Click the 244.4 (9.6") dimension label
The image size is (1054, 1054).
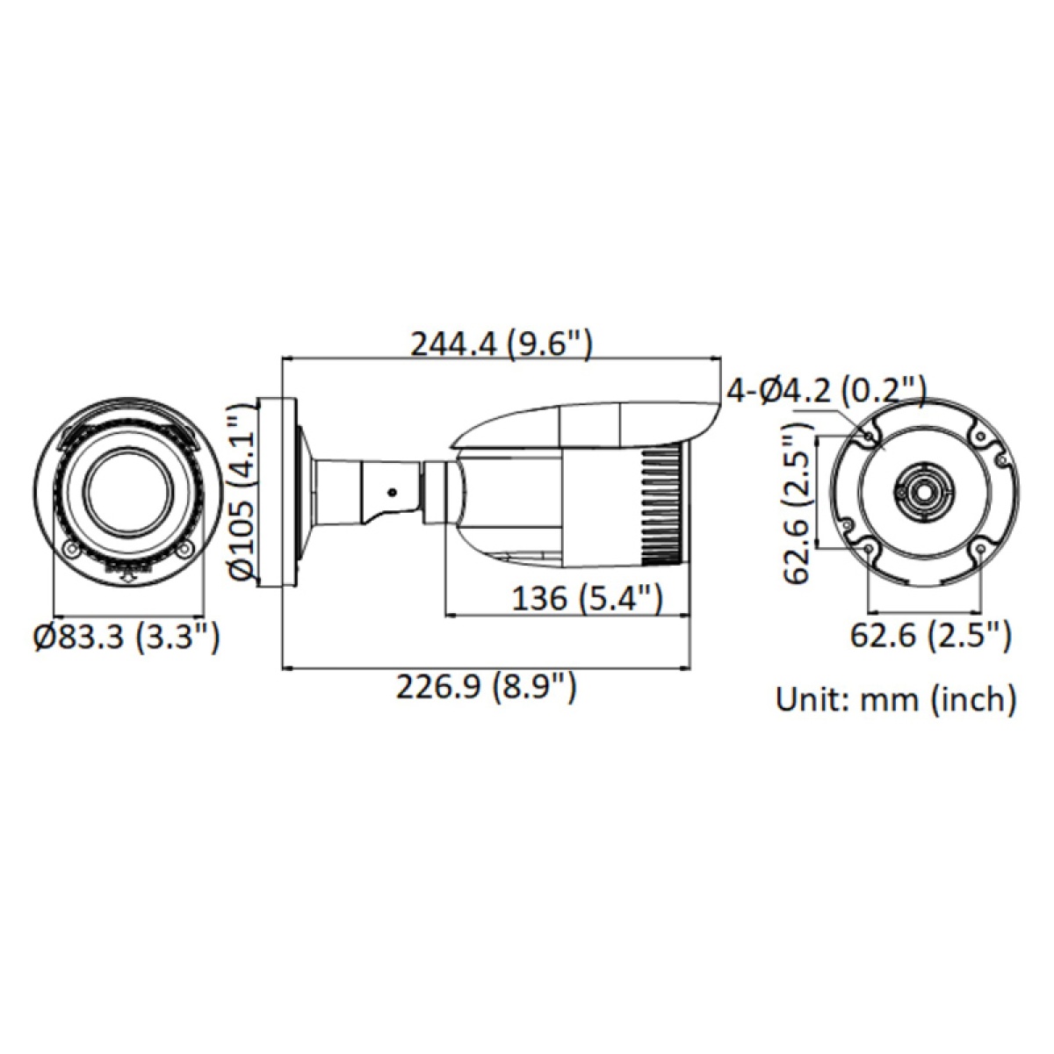(502, 343)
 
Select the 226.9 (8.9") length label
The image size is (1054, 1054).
(487, 686)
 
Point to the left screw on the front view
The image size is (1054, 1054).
(71, 550)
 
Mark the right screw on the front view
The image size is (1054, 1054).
(184, 550)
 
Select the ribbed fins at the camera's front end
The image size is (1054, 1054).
(665, 506)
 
